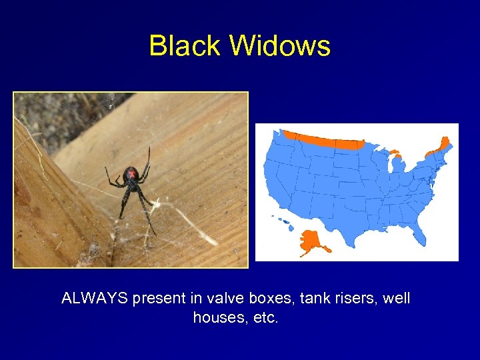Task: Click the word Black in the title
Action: [x=185, y=46]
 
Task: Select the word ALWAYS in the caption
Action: [x=95, y=299]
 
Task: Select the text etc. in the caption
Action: [x=265, y=318]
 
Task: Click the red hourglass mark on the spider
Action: [x=131, y=174]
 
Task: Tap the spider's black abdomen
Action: [x=131, y=175]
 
